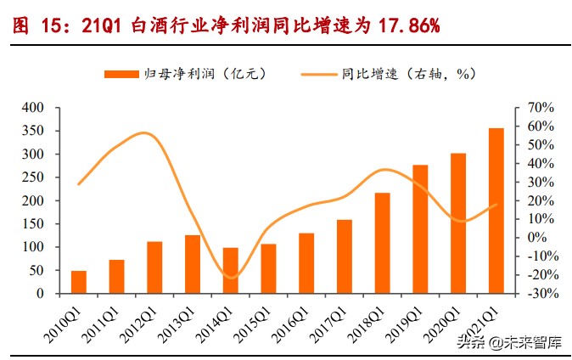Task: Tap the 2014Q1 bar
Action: [x=231, y=270]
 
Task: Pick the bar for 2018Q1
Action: [x=383, y=243]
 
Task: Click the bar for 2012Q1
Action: [x=154, y=267]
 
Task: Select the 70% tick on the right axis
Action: [x=541, y=109]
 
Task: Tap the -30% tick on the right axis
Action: [x=541, y=294]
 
